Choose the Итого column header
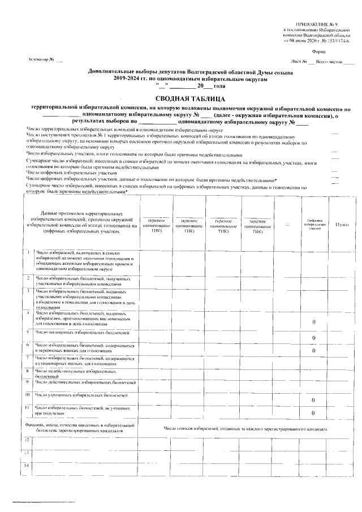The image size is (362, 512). click(342, 225)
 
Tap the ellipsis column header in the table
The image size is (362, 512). click(287, 225)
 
